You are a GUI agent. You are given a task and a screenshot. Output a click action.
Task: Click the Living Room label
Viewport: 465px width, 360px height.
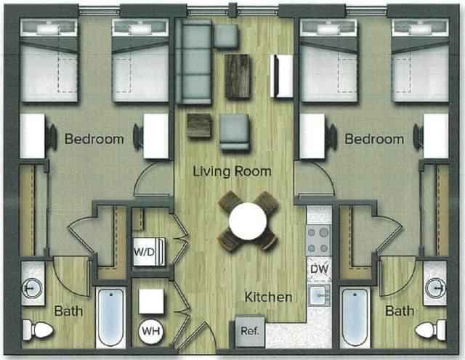[232, 172]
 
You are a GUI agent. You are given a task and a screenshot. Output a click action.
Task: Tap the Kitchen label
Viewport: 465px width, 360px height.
[268, 298]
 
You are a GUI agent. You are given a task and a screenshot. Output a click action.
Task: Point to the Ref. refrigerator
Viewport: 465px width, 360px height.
[248, 332]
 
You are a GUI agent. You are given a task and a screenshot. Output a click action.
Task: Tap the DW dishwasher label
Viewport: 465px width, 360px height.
[318, 269]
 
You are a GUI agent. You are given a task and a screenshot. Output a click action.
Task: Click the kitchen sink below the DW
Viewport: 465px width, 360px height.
[318, 295]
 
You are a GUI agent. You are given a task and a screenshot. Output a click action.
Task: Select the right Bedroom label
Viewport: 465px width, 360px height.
[373, 139]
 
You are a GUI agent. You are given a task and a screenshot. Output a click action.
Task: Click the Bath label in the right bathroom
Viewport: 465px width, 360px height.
[400, 311]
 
